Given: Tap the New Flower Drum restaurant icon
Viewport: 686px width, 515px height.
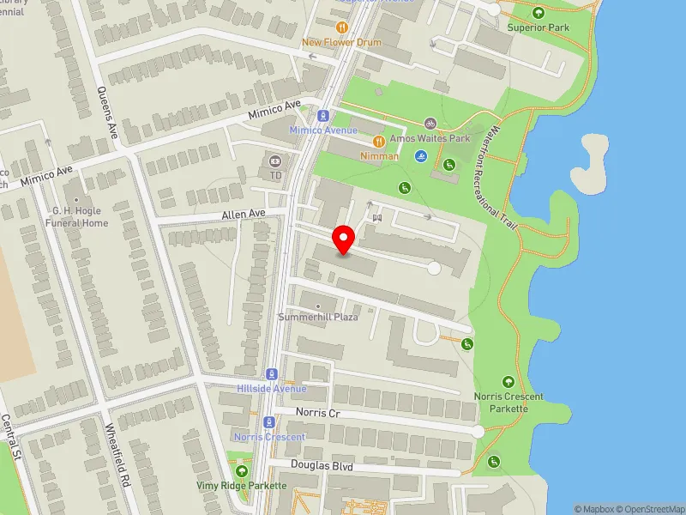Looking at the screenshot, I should [318, 27].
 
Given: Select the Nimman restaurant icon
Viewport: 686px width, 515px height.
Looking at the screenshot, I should [378, 141].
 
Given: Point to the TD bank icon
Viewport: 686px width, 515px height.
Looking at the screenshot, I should [275, 160].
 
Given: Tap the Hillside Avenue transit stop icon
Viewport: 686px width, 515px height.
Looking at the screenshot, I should [272, 373].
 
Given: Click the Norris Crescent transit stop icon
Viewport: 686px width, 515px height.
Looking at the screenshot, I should [269, 421].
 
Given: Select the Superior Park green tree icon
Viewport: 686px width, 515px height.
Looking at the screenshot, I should [539, 13].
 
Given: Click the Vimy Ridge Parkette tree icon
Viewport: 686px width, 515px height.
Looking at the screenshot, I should [242, 471].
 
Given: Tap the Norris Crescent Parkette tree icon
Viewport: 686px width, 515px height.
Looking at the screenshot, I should [508, 382].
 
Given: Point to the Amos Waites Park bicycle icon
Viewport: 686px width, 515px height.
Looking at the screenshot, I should [430, 124].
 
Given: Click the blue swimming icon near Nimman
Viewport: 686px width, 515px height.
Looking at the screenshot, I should [420, 156].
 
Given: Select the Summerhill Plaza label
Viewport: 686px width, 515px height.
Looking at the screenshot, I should [318, 317].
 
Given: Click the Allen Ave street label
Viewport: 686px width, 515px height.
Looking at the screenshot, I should [244, 213].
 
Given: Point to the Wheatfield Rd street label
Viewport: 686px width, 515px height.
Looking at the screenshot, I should [117, 454].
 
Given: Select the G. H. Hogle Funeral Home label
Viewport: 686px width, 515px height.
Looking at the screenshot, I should [80, 216].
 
